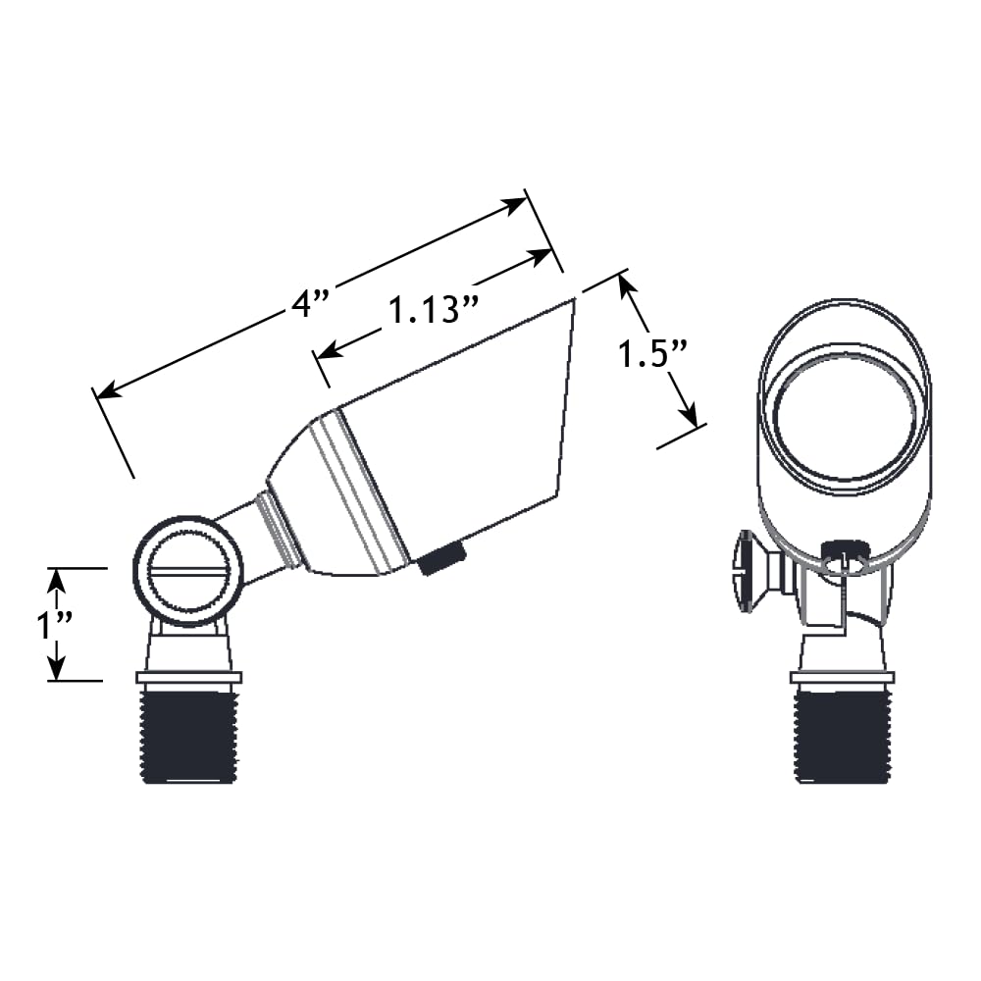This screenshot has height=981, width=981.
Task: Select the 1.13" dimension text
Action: [x=434, y=309]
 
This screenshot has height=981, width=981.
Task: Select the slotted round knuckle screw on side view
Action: [x=187, y=571]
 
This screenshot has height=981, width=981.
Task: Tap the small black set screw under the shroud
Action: [x=441, y=557]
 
